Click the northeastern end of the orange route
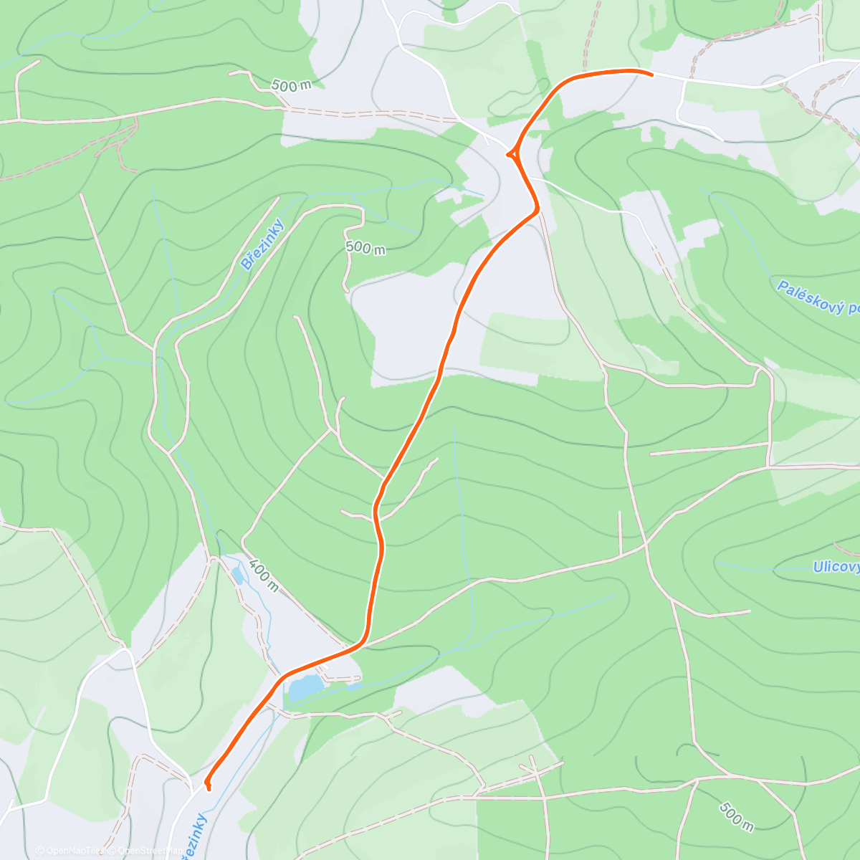click(651, 74)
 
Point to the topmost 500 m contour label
click(291, 85)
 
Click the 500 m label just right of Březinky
click(365, 248)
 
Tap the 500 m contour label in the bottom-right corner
click(736, 816)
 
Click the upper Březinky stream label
click(262, 244)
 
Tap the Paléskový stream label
click(817, 297)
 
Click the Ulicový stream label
click(836, 567)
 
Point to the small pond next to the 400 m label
click(237, 575)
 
